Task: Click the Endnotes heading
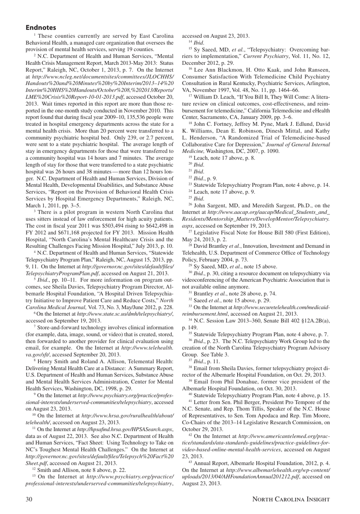41,28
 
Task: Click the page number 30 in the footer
29,499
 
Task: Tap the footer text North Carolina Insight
291,499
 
